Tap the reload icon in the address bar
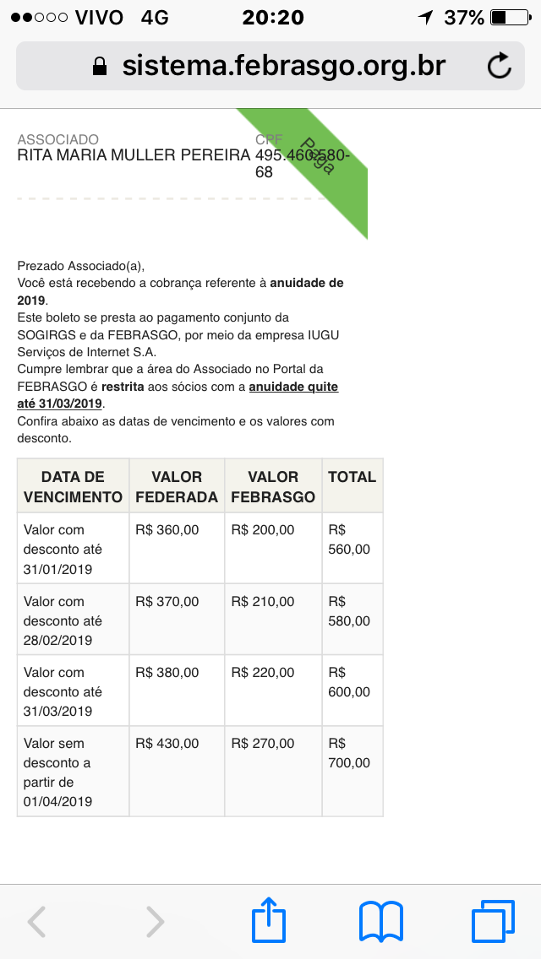click(500, 66)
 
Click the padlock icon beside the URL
click(100, 66)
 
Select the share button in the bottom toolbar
click(269, 921)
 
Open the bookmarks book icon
click(381, 921)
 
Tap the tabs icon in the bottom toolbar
click(493, 921)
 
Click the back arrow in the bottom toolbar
click(37, 922)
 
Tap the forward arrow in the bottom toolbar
click(155, 922)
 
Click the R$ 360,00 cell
click(167, 530)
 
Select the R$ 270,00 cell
click(263, 744)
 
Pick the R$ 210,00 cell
click(263, 602)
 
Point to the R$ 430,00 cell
click(167, 744)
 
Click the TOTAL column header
click(352, 477)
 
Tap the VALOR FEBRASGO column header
click(273, 487)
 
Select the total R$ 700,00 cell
click(350, 754)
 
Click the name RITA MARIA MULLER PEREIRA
click(134, 155)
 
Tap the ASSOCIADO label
click(57, 139)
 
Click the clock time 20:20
click(272, 17)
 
